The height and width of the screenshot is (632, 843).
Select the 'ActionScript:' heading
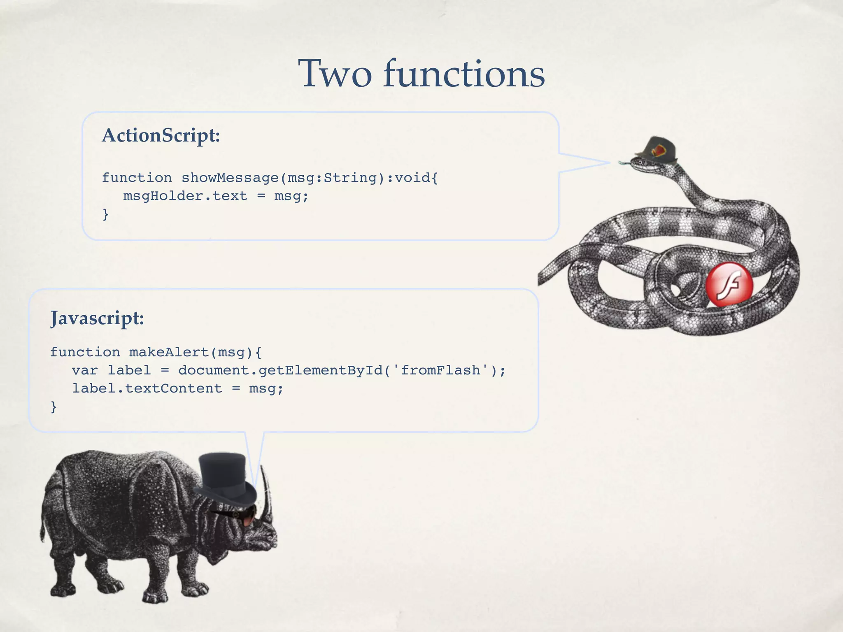click(x=161, y=135)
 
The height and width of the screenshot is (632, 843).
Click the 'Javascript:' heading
click(x=97, y=318)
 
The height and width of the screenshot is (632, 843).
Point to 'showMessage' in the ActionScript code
click(x=230, y=178)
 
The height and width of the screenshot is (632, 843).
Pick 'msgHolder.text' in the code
click(x=185, y=196)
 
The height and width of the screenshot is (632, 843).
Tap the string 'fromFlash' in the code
click(x=440, y=370)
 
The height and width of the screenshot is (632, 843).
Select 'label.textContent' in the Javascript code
click(x=147, y=388)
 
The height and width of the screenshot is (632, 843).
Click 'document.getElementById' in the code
click(x=280, y=370)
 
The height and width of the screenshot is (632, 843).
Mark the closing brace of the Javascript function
click(x=54, y=407)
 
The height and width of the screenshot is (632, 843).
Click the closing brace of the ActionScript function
click(x=105, y=214)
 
